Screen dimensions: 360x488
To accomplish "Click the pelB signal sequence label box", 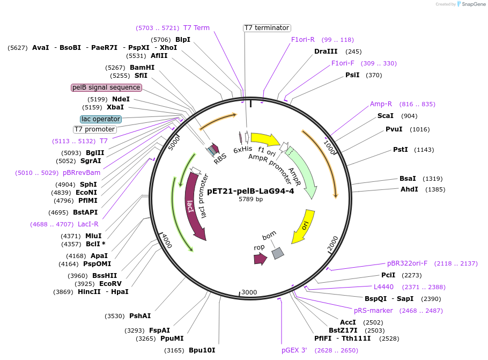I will point(106,87).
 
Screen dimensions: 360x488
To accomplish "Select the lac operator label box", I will point(101,119).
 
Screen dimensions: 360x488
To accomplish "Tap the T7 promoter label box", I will point(94,129).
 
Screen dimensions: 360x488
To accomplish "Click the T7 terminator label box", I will point(267,28).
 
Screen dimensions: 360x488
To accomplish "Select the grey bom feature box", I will point(278,253).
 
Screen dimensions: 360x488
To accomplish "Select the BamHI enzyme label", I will point(142,68).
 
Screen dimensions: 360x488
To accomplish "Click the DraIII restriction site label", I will point(326,52).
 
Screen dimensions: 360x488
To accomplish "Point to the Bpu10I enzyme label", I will point(202,350).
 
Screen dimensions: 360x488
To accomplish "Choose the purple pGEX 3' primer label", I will point(294,350).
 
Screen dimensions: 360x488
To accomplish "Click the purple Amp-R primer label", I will point(381,104).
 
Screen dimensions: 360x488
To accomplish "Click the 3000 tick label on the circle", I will point(249,292).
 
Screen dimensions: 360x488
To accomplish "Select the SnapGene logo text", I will point(474,4).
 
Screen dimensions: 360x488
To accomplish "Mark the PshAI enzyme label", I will point(140,316).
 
